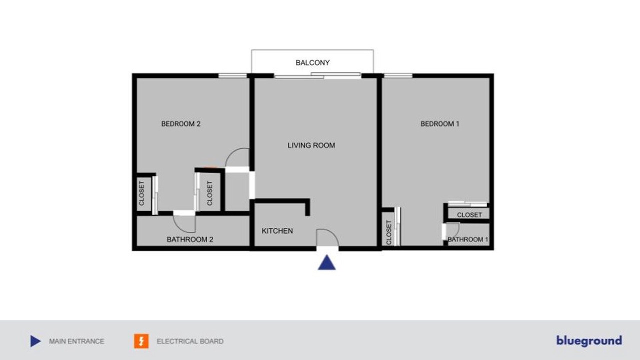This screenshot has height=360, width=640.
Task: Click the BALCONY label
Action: (312, 62)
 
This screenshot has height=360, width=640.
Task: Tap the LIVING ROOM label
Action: (311, 145)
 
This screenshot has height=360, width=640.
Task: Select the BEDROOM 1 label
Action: (439, 123)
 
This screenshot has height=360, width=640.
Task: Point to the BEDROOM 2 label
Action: (181, 123)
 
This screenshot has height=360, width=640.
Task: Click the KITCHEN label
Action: (277, 231)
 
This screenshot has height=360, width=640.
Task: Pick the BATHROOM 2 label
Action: (189, 239)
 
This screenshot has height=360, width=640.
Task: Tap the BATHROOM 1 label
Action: (467, 239)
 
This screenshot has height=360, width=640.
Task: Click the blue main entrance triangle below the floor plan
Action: (327, 262)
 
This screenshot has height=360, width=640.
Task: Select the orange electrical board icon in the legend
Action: (141, 341)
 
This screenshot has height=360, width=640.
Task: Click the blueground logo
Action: (589, 341)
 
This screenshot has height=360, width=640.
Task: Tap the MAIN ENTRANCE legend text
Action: (76, 341)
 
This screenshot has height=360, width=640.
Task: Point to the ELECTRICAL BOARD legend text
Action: (190, 341)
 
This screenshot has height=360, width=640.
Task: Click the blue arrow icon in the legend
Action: (35, 341)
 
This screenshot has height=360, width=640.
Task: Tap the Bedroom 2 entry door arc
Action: (231, 153)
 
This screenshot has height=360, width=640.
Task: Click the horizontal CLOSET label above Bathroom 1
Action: (469, 215)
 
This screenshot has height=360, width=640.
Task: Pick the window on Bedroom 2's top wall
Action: (232, 75)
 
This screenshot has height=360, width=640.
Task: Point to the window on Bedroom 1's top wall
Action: (398, 75)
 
